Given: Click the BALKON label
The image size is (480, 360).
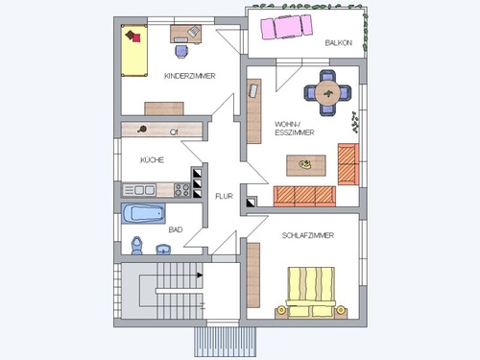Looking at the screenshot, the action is pyautogui.click(x=339, y=43).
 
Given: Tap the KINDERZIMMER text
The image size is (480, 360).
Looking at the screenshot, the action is pyautogui.click(x=190, y=76).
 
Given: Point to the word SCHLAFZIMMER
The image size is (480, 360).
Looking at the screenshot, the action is pyautogui.click(x=308, y=235).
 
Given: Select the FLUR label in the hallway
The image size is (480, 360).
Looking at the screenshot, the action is pyautogui.click(x=224, y=196).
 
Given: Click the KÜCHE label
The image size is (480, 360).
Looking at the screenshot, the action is pyautogui.click(x=152, y=159).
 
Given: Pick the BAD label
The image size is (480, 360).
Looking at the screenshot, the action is pyautogui.click(x=176, y=229).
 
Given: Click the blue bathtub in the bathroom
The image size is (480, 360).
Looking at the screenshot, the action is pyautogui.click(x=143, y=213).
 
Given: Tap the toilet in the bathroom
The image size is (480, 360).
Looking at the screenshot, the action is pyautogui.click(x=137, y=246).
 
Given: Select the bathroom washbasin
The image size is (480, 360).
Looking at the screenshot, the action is pyautogui.click(x=163, y=250).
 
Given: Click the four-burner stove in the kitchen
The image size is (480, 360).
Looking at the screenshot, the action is pyautogui.click(x=182, y=190).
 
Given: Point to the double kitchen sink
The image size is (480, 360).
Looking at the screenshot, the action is pyautogui.click(x=139, y=190).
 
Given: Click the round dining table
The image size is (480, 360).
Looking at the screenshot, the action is pyautogui.click(x=327, y=93).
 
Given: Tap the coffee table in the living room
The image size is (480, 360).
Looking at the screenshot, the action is pyautogui.click(x=306, y=165).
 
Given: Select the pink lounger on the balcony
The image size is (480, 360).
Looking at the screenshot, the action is pyautogui.click(x=286, y=27).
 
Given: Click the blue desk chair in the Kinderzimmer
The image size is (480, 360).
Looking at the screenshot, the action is pyautogui.click(x=181, y=52).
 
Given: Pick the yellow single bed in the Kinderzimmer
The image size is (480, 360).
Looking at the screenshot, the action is pyautogui.click(x=134, y=51).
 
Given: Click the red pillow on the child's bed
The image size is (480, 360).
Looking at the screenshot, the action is pyautogui.click(x=136, y=38).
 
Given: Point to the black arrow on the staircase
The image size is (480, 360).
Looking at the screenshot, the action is pyautogui.click(x=200, y=276).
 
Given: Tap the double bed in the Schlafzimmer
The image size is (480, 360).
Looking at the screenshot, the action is pyautogui.click(x=311, y=293).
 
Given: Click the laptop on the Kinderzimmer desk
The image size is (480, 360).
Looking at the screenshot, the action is pyautogui.click(x=193, y=32).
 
